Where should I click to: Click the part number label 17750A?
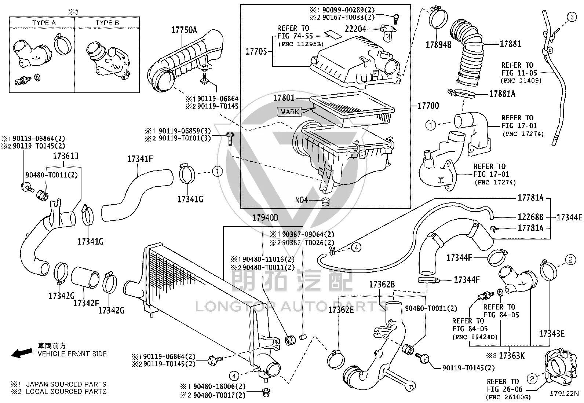coord(184,30)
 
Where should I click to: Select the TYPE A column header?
coord(44,23)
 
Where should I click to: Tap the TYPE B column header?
coord(107,23)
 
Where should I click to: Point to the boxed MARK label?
coord(289,111)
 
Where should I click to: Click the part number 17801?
coord(284,98)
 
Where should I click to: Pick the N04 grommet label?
coord(302,200)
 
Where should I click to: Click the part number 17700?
coord(428,106)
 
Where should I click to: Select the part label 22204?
coord(355,29)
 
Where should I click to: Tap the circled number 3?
coord(572,17)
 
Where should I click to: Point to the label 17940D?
coord(266,217)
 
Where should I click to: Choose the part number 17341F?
coord(140,159)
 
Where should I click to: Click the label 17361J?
coord(66,156)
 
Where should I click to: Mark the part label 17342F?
coord(86,303)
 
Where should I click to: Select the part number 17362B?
coord(382,285)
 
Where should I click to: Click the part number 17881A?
coord(502,94)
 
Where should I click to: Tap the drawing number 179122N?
coord(564,393)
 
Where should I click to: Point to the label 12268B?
coord(530,217)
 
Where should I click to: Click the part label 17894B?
coord(438,45)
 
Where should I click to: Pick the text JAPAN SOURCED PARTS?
coord(66,384)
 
